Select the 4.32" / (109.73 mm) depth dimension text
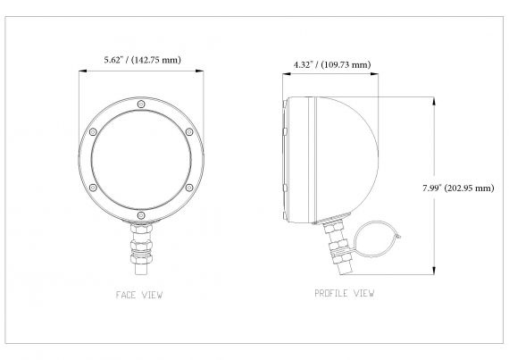pyautogui.click(x=332, y=64)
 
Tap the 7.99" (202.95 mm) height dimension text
pyautogui.click(x=459, y=188)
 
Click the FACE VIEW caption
pyautogui.click(x=140, y=294)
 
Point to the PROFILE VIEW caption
pyautogui.click(x=345, y=293)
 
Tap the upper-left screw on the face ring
pyautogui.click(x=94, y=133)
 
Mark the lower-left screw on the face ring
pyautogui.click(x=94, y=188)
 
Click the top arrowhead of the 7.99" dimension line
pyautogui.click(x=434, y=100)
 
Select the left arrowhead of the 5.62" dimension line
pyautogui.click(x=82, y=72)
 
